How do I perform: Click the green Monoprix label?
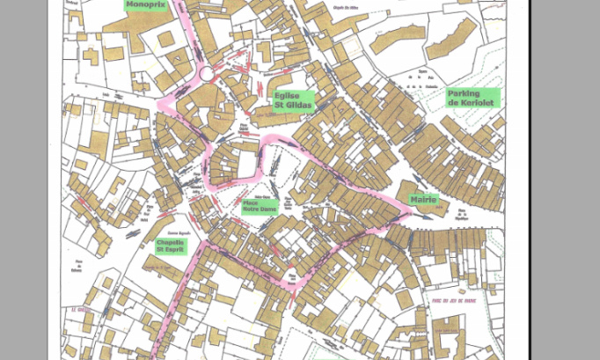144,4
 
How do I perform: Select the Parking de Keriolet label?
472,98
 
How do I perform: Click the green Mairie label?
423,200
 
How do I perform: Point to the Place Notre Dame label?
257,207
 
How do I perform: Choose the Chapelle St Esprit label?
171,246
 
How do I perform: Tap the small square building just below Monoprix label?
164,39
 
